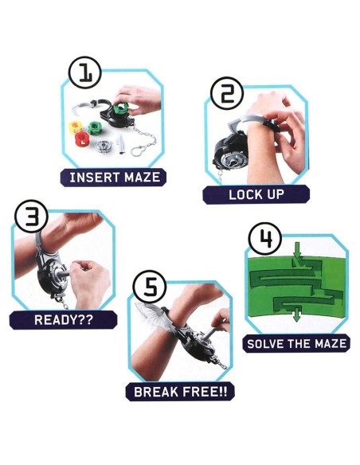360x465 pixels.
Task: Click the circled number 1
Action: [x=85, y=72]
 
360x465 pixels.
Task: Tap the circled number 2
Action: [x=227, y=93]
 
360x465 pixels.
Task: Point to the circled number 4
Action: [x=265, y=239]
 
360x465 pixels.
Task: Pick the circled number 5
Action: [x=150, y=287]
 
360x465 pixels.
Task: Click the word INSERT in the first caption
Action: [x=94, y=178]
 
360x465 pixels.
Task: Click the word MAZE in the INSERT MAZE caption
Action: [x=142, y=178]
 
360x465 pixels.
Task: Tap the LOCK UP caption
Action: [x=256, y=194]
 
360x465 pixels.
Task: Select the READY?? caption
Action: [x=64, y=320]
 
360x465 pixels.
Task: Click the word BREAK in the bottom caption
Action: [x=156, y=392]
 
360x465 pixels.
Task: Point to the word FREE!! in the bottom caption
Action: [x=205, y=392]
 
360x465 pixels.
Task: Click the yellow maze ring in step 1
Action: [x=76, y=127]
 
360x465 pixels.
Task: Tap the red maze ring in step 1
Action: [x=81, y=139]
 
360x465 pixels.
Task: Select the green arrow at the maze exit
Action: [x=296, y=315]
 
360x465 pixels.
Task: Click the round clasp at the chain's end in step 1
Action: [x=136, y=151]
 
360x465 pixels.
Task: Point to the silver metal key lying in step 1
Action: [x=122, y=145]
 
